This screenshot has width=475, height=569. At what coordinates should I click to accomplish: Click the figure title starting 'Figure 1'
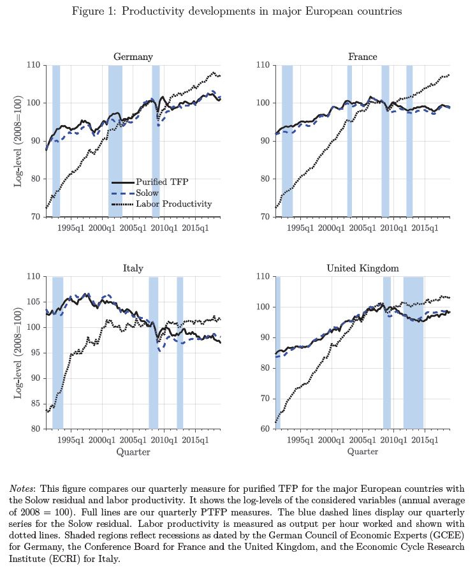point(237,12)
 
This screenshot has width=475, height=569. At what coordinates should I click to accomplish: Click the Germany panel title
point(133,57)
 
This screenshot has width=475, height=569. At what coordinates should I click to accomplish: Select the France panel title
point(362,57)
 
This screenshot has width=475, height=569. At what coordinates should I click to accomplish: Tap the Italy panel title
point(133,269)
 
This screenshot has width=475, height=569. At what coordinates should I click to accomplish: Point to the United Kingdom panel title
point(362,269)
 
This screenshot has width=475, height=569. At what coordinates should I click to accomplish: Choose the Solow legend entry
point(147,193)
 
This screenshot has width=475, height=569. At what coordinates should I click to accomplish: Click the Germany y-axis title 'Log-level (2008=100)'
point(18,141)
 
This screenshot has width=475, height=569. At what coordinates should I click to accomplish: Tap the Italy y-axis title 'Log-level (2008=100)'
point(18,353)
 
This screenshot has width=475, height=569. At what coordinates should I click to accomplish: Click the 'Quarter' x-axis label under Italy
point(133,452)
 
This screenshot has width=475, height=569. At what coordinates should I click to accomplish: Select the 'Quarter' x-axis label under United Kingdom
point(362,452)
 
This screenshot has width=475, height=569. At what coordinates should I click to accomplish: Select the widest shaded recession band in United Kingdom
point(413,352)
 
